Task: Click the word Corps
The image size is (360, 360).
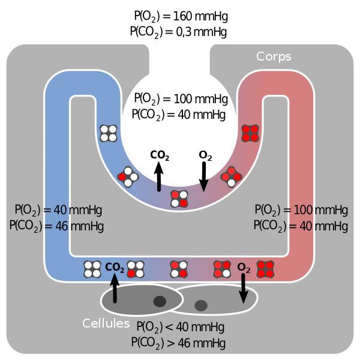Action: [274, 57]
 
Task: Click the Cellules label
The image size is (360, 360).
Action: [106, 323]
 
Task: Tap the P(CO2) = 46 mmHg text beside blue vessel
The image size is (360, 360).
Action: [56, 226]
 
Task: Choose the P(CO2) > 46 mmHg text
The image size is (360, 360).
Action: [178, 343]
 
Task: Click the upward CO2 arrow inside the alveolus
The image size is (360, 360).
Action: [159, 178]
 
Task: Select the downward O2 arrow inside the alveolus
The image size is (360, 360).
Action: [203, 178]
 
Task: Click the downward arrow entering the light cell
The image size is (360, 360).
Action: [244, 289]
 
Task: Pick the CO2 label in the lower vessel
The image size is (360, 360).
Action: [115, 267]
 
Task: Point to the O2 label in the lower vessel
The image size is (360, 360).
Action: [244, 267]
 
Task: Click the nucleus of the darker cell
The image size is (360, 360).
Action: [160, 301]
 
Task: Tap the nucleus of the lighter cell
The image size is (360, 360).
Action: [201, 305]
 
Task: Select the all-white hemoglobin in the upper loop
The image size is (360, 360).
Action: [108, 133]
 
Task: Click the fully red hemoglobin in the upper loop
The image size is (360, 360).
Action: [250, 133]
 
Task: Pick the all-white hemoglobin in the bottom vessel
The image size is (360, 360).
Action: [92, 269]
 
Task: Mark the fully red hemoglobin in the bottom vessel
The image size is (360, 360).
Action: [265, 269]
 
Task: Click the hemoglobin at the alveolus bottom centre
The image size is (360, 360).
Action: [179, 199]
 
